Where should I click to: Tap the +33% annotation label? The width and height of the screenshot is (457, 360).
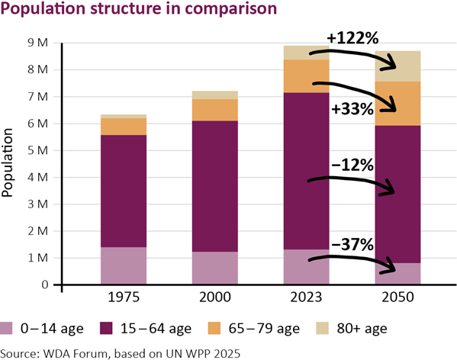(352, 109)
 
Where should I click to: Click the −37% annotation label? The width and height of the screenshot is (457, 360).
(352, 244)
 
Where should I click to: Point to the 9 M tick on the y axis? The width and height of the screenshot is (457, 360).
(38, 43)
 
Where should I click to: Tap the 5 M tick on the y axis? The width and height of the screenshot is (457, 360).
(38, 150)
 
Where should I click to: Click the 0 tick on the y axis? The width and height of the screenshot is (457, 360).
(45, 285)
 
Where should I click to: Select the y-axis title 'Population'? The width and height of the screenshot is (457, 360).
(9, 163)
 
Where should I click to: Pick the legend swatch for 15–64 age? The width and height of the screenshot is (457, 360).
(107, 329)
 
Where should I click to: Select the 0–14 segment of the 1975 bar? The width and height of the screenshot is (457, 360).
(123, 265)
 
